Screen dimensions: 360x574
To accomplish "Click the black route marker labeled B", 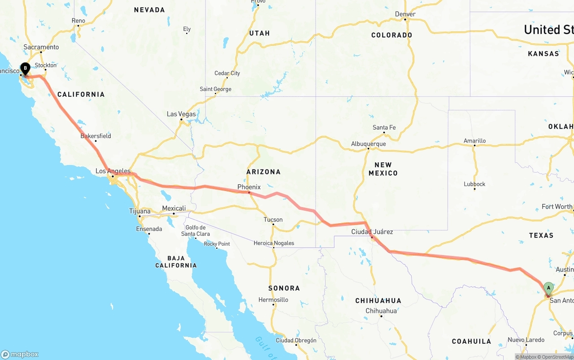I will click(x=25, y=69).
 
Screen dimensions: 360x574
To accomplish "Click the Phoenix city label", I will click(x=249, y=187).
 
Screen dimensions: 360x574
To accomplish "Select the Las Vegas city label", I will click(x=181, y=114).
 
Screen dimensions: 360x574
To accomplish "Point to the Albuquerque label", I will click(x=368, y=144).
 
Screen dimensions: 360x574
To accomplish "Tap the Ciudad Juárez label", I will click(x=372, y=232).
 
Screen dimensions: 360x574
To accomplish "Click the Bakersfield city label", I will click(x=96, y=136).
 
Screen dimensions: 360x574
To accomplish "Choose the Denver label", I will click(x=405, y=14).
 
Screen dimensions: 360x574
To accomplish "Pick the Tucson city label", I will click(x=273, y=220).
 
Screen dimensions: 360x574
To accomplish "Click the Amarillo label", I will click(x=474, y=141).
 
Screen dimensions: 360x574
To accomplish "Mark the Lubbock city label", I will click(x=474, y=184).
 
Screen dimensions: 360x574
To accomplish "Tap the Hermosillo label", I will click(x=273, y=299).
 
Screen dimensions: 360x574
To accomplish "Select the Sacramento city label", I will click(x=41, y=47).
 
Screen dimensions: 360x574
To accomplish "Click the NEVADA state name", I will click(x=149, y=10).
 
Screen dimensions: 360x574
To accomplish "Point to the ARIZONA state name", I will click(x=263, y=172).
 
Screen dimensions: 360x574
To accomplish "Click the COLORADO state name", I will click(x=391, y=35).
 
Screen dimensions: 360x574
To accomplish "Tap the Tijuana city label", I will click(x=140, y=211).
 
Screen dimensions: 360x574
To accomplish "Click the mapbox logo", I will click(x=20, y=354).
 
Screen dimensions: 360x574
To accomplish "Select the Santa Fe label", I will click(x=384, y=128).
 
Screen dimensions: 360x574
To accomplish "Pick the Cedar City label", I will click(x=227, y=73).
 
